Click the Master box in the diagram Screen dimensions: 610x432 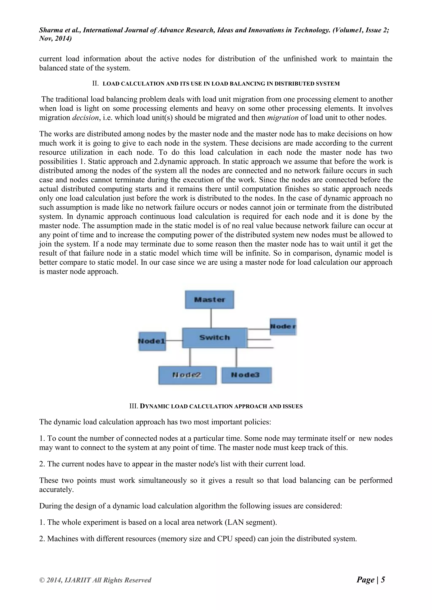(x=210, y=300)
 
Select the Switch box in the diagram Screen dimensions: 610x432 (x=214, y=338)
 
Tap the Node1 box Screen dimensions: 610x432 (x=152, y=341)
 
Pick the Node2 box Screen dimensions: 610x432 (x=187, y=375)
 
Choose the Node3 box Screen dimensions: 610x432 (x=246, y=375)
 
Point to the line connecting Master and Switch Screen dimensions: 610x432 (x=211, y=318)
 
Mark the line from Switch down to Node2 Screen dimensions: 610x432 (x=190, y=357)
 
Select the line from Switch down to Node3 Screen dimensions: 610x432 (x=236, y=357)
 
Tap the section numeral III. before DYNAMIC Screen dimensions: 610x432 (x=134, y=406)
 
